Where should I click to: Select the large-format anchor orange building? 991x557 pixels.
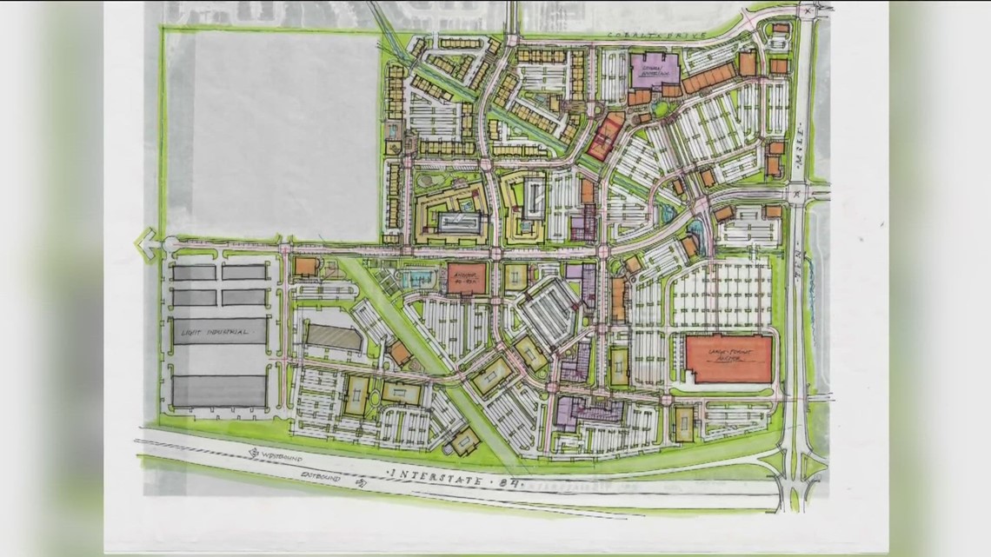click(x=728, y=359)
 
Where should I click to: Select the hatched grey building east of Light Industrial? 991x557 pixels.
click(x=334, y=337)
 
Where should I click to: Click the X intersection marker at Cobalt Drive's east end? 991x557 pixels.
click(x=809, y=10)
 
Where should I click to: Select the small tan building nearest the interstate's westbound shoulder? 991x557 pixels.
click(x=464, y=443)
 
